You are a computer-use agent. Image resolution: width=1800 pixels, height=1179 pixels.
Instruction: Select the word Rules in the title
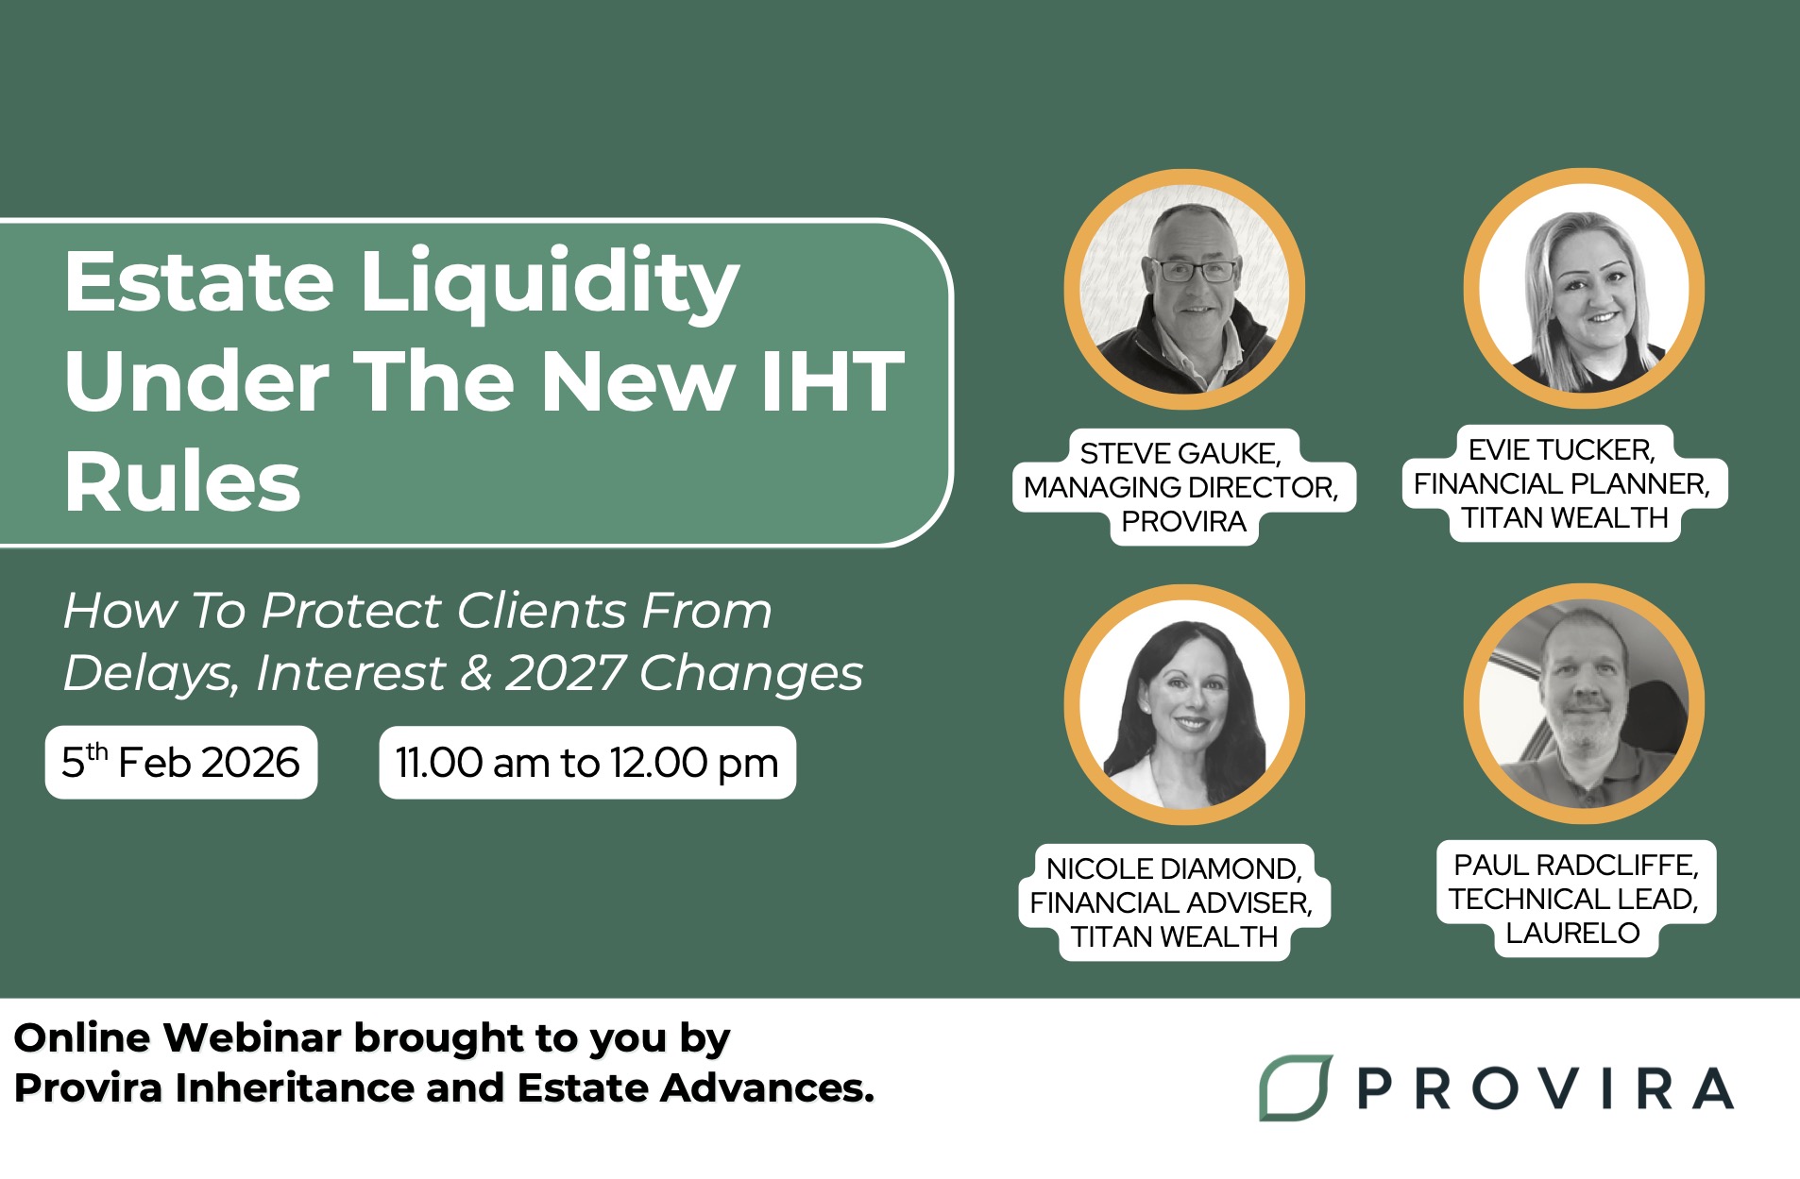(x=182, y=481)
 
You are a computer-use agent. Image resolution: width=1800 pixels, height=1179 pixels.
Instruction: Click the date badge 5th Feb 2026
(x=181, y=763)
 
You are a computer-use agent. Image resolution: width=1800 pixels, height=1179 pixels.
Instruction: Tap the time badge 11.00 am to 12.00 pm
(x=587, y=763)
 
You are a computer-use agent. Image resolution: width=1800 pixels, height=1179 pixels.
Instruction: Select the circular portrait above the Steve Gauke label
(x=1184, y=289)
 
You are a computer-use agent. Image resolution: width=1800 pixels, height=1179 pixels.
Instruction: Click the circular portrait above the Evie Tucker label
(x=1584, y=289)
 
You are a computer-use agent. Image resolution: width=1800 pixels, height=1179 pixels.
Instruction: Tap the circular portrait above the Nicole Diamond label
(x=1184, y=704)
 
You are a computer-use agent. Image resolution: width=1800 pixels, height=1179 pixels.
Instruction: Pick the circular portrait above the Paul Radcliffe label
(x=1584, y=704)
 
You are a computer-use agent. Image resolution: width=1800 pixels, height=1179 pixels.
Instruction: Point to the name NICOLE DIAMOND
(x=1174, y=869)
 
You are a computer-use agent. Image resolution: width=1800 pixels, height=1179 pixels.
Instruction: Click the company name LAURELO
(x=1572, y=934)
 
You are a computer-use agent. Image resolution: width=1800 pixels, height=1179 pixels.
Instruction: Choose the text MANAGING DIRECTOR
(x=1180, y=488)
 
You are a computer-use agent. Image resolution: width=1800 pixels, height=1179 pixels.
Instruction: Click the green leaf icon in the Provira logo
(x=1296, y=1087)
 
